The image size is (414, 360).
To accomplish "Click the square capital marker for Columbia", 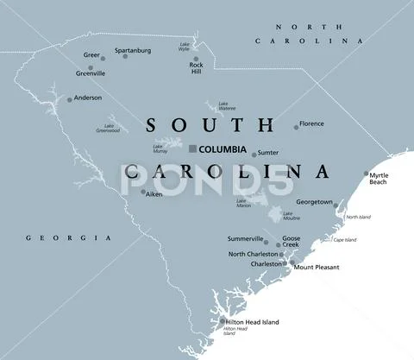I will [x=192, y=148].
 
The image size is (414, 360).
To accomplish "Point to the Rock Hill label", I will [x=197, y=69].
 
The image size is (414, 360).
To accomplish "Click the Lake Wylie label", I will [x=185, y=47].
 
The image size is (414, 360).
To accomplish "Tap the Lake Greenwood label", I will [x=108, y=128].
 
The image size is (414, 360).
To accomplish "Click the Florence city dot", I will [x=296, y=127].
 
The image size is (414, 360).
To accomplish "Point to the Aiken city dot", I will [x=142, y=193].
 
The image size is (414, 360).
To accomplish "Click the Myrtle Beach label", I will [x=378, y=179].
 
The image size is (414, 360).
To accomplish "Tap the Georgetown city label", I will [x=314, y=202].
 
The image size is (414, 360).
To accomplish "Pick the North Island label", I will [x=358, y=217].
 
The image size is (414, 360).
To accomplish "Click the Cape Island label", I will [x=344, y=240].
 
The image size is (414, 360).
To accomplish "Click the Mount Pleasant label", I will [x=316, y=268].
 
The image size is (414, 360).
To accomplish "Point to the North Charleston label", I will [x=254, y=254].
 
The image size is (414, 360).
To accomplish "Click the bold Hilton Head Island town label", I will [x=253, y=322].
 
